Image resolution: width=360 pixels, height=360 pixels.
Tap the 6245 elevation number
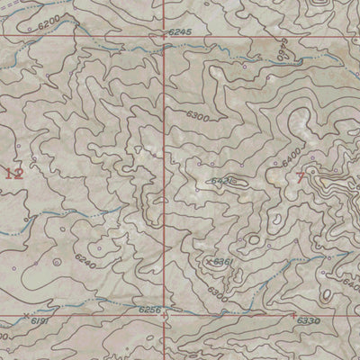point(180,32)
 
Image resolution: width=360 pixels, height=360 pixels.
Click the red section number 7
point(300,177)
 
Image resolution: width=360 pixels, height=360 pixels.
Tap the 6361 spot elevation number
point(224,262)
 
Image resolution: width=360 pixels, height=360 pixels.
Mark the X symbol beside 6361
point(210,262)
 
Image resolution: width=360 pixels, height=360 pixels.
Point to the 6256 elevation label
point(150,310)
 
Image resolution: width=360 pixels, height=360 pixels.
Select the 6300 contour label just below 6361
point(216,291)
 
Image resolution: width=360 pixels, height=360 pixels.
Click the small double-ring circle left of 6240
point(56,262)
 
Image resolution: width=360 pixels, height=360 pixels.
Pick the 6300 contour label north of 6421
point(196,117)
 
